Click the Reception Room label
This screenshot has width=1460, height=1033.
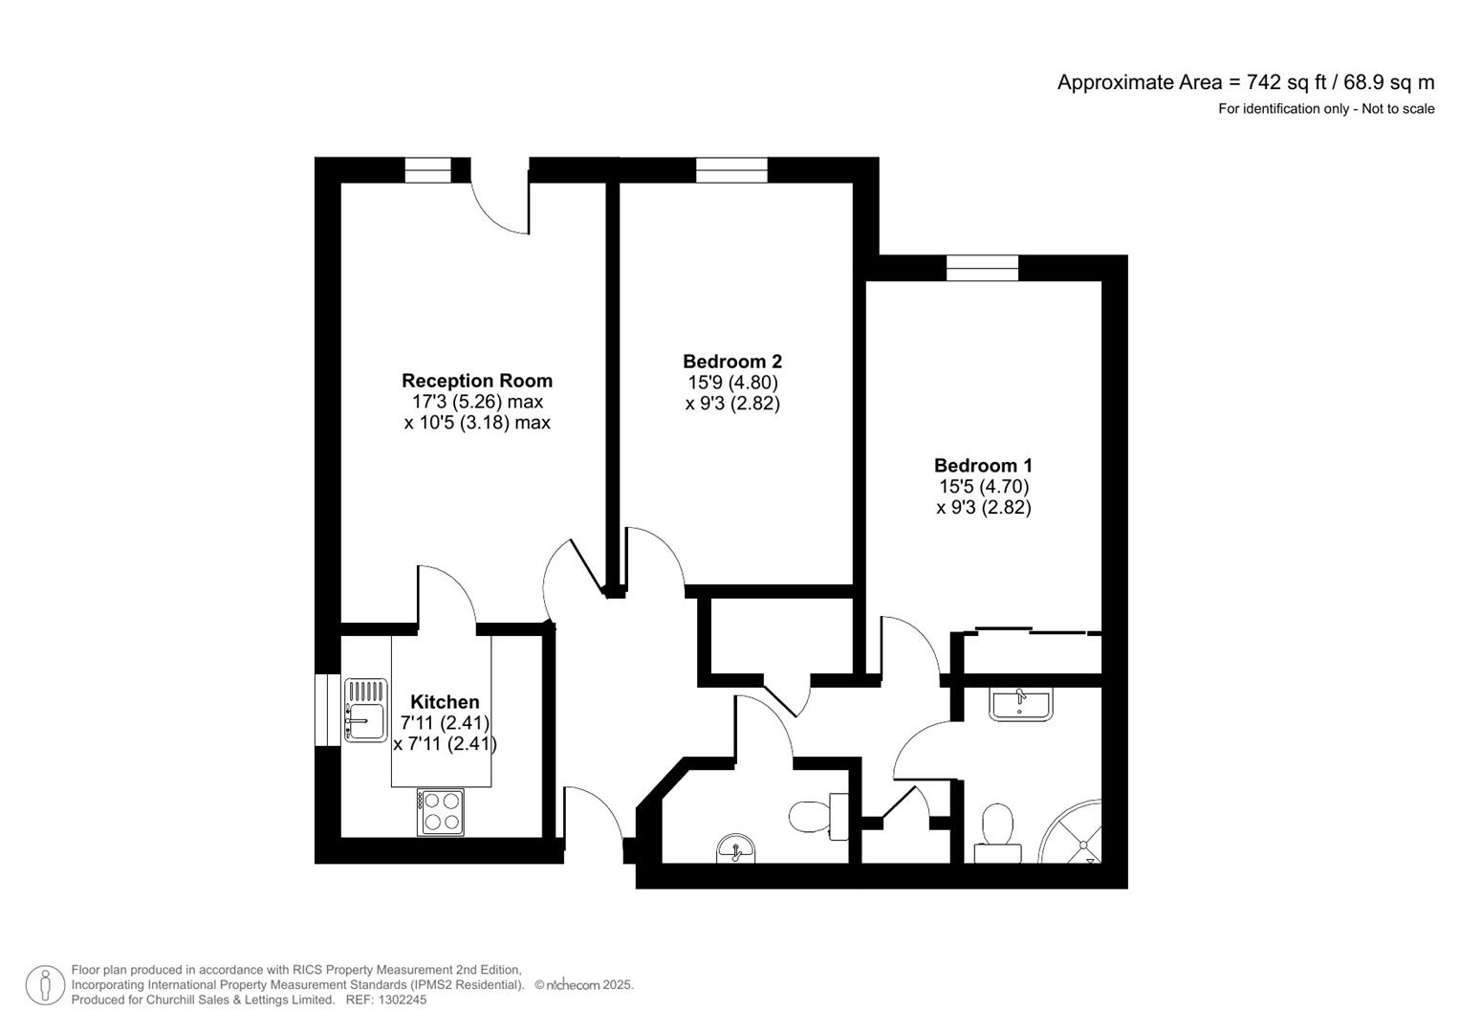coord(476,381)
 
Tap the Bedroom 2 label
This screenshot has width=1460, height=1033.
coord(731,362)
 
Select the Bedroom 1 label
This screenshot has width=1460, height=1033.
coord(983,466)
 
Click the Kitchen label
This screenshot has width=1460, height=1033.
coord(445,702)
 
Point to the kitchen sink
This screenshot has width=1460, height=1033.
coord(365,710)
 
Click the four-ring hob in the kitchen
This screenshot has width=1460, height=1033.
coord(440,811)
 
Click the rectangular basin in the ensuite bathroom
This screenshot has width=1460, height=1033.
coord(1020,704)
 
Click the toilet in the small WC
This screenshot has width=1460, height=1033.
coord(818,817)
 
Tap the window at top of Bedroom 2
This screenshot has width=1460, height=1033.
coord(731,170)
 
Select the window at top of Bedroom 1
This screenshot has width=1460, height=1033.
coord(982,268)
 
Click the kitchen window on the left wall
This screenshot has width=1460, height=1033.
coord(327,709)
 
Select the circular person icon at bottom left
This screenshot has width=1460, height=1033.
coord(45,985)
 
